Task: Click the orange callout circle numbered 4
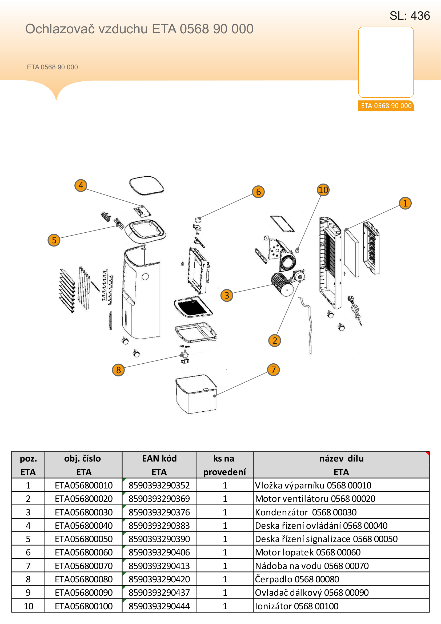click(81, 186)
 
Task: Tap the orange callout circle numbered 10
click(323, 190)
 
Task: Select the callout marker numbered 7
click(274, 369)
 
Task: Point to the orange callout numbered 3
click(227, 295)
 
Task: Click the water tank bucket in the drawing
click(196, 394)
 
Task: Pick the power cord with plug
click(355, 311)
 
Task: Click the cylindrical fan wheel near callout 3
click(282, 284)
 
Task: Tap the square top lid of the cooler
click(147, 186)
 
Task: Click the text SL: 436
click(410, 16)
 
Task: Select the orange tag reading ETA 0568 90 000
click(386, 106)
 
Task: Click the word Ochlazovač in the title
click(60, 29)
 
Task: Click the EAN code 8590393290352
click(159, 485)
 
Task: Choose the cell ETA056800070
click(84, 566)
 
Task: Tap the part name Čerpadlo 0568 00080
click(297, 579)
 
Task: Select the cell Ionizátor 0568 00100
click(297, 606)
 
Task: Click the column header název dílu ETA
click(341, 465)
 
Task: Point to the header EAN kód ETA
click(159, 465)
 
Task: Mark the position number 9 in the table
click(28, 593)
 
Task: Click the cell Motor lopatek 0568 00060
click(308, 552)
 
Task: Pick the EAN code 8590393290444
click(159, 606)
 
